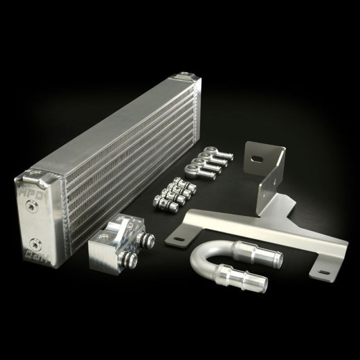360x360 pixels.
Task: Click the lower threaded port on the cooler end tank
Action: tap(32, 241)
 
